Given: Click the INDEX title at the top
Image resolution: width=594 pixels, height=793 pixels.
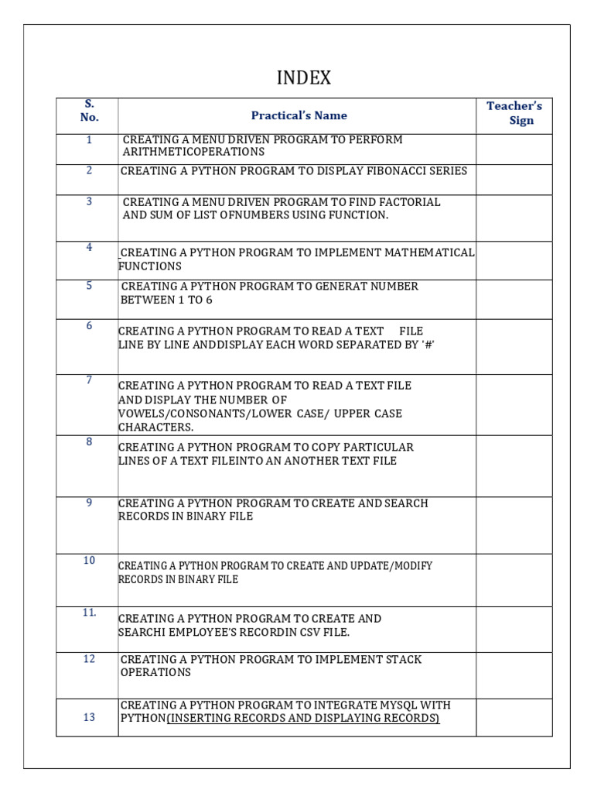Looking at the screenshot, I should click(304, 78).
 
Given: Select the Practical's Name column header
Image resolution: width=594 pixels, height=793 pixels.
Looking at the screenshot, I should click(299, 115).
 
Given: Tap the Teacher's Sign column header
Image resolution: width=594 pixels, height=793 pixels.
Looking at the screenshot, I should click(514, 113).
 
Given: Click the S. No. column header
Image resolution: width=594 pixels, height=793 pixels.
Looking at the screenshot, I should click(89, 110).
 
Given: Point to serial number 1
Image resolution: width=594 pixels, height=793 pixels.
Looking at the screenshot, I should click(89, 140).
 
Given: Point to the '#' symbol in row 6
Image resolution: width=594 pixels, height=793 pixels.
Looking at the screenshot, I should click(425, 344).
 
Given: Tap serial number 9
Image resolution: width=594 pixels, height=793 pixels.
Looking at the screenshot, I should click(89, 503).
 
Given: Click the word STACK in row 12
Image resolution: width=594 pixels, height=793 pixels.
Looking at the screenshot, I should click(401, 660).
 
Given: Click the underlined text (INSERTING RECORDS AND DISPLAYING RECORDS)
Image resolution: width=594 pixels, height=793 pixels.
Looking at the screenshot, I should click(303, 719).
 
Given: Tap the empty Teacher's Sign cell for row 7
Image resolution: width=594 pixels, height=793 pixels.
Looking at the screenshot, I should click(514, 405).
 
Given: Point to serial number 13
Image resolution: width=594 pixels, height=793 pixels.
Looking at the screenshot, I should click(89, 717).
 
